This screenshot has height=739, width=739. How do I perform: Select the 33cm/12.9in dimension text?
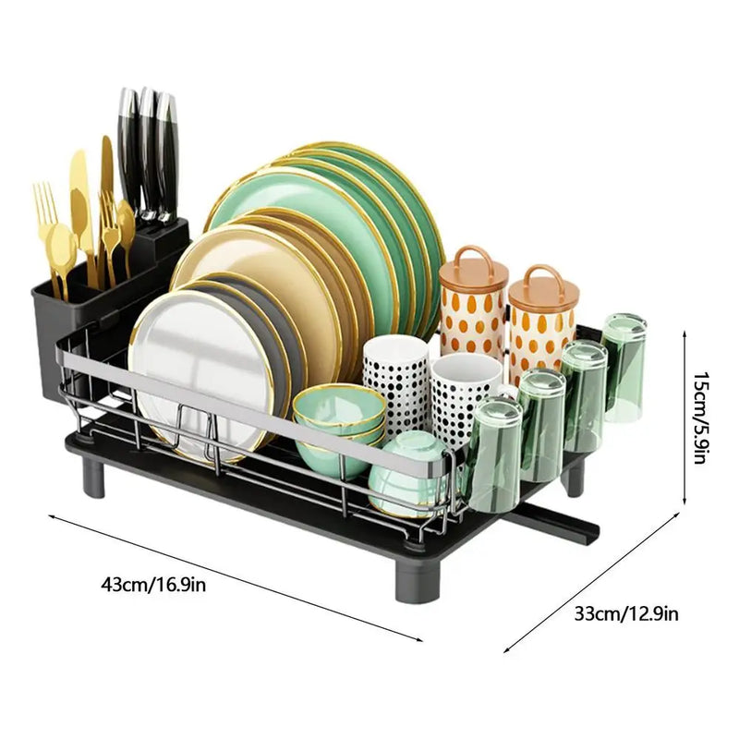point(627,612)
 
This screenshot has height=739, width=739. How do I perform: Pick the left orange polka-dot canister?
point(472,300)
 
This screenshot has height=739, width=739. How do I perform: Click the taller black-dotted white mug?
point(395,379)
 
